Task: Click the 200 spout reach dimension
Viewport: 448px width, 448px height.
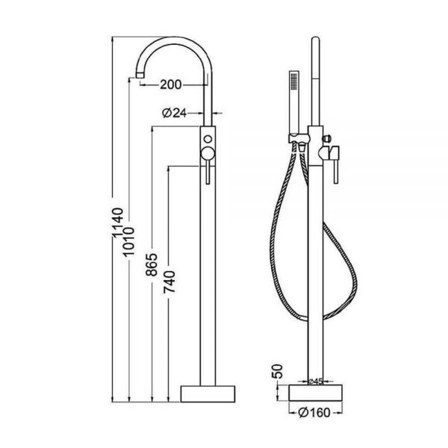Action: coord(170,84)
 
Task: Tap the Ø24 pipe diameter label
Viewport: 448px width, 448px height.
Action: coord(174,113)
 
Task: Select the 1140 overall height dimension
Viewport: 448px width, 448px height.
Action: coord(117,223)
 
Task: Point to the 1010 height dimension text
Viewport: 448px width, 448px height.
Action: coord(128,241)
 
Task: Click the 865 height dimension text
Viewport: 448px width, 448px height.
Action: coord(152,264)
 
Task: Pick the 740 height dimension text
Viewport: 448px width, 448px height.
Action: coord(169,282)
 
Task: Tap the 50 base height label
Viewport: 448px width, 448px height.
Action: coord(277,371)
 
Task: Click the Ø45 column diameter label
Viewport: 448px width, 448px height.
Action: coord(316,381)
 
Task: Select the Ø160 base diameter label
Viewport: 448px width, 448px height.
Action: coord(314,412)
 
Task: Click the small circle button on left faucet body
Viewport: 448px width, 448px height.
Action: coord(208,139)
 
